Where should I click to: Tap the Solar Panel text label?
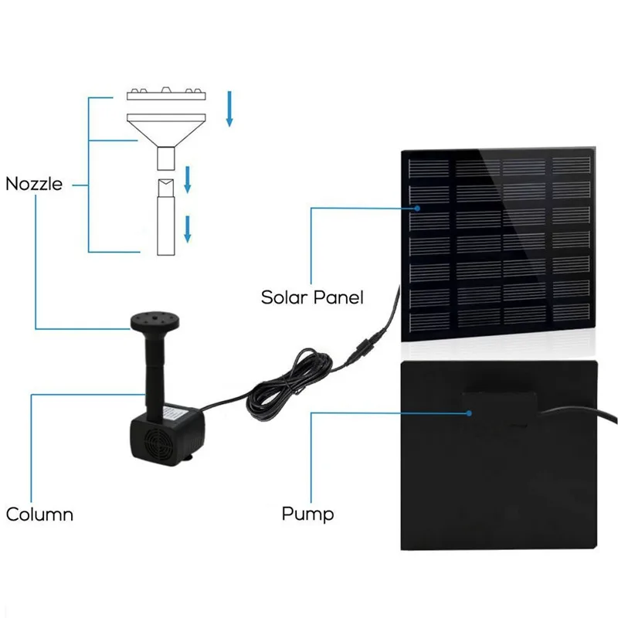pyautogui.click(x=311, y=297)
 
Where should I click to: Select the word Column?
pyautogui.click(x=39, y=514)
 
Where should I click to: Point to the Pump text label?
pyautogui.click(x=307, y=514)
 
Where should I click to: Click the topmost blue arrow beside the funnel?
pyautogui.click(x=229, y=108)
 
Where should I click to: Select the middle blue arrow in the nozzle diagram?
pyautogui.click(x=188, y=179)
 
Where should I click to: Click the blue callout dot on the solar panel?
pyautogui.click(x=417, y=207)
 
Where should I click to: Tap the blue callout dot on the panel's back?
pyautogui.click(x=468, y=413)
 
